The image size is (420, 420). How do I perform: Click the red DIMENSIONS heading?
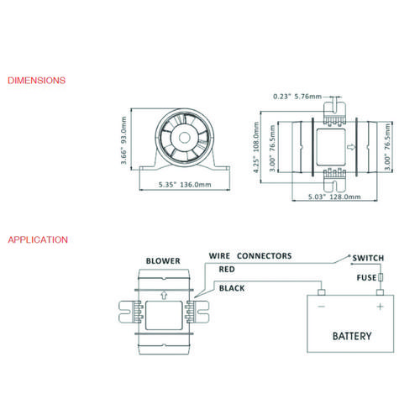tap(36, 81)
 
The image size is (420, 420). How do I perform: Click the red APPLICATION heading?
tap(38, 239)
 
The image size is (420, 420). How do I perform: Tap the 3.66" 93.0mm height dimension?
tap(123, 140)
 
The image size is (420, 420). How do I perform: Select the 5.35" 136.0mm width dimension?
tap(185, 185)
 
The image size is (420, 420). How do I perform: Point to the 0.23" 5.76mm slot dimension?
tap(297, 97)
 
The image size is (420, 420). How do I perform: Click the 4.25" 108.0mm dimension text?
tap(256, 147)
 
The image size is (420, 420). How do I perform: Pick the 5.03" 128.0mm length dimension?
tap(334, 197)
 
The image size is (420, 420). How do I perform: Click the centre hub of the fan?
tap(184, 138)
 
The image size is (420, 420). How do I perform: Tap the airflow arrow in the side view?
tap(351, 147)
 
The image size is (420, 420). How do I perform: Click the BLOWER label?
tap(163, 261)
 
